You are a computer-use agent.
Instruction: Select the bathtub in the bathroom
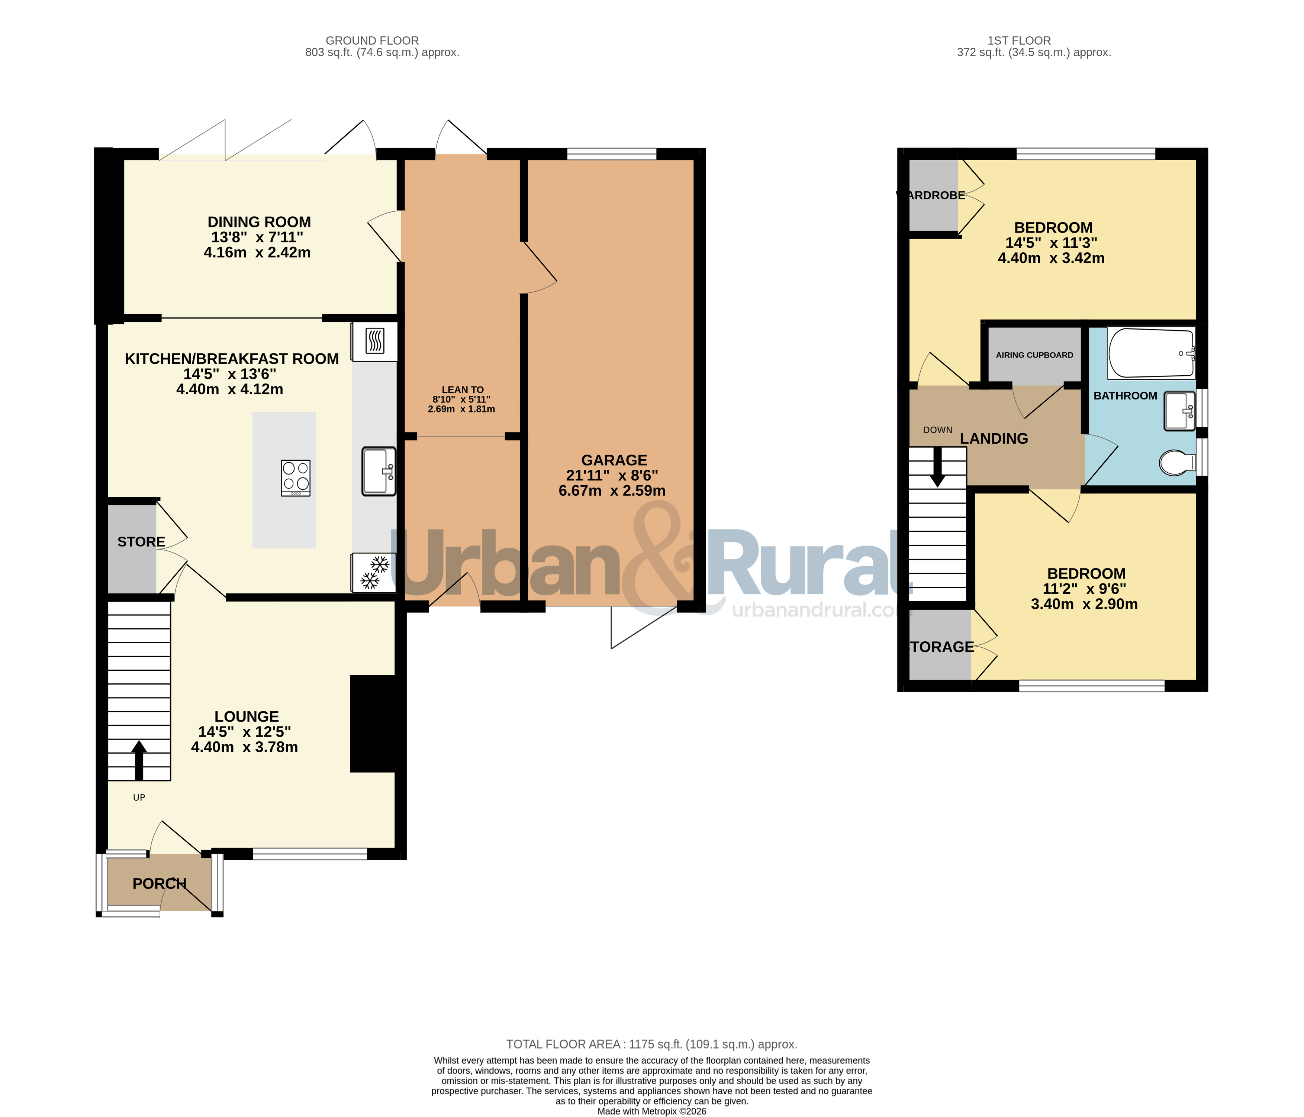(x=1151, y=353)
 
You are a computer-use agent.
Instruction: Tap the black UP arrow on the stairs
(x=139, y=760)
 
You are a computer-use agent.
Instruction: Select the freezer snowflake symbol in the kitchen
(x=374, y=572)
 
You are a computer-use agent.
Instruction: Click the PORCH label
(x=159, y=884)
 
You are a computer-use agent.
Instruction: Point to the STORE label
(x=141, y=541)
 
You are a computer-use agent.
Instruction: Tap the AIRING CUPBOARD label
(x=1034, y=355)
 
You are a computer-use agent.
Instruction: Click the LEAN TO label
(x=463, y=389)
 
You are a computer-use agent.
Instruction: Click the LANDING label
(x=994, y=438)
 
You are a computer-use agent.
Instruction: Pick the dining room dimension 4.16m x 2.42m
(x=257, y=252)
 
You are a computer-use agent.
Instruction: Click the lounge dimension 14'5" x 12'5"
(x=244, y=731)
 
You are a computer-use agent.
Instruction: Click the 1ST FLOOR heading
(x=1019, y=40)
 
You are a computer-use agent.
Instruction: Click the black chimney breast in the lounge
(x=373, y=723)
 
